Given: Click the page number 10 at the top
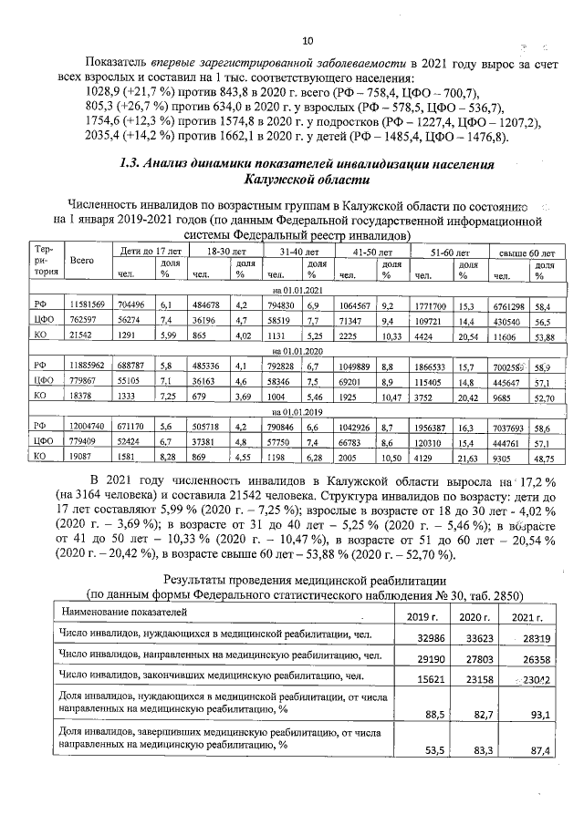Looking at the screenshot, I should point(308,41).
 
